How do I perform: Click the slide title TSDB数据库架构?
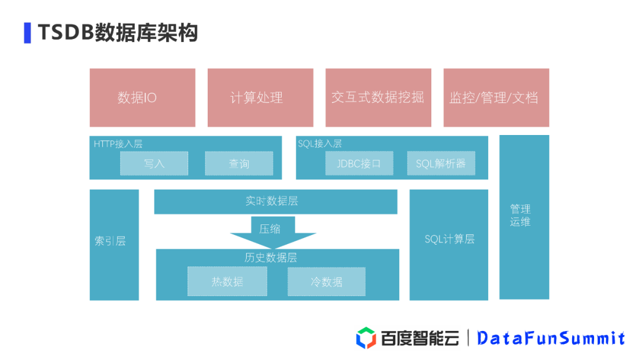117,33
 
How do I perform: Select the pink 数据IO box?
142,98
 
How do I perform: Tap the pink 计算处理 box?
260,98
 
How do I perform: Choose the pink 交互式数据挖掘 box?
377,98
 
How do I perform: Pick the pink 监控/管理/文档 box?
496,98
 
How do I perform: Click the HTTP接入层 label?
118,144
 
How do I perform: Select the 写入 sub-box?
154,163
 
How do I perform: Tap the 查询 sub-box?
239,163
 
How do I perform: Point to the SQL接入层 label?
320,144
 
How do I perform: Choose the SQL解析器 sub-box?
441,163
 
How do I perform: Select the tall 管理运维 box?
524,217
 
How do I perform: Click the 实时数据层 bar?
275,201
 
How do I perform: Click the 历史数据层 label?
271,258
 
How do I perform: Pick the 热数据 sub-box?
227,282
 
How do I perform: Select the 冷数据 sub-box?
327,282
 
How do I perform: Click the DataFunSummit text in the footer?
551,338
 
